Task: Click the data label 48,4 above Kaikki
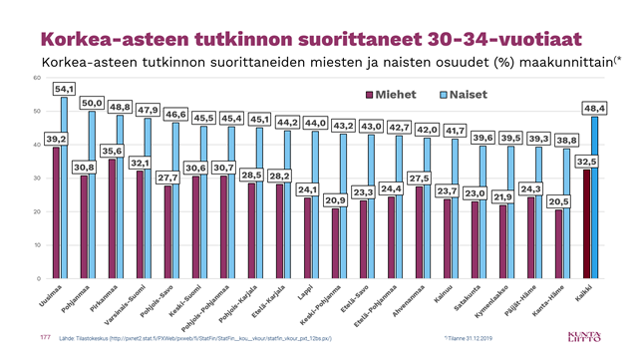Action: tap(596, 107)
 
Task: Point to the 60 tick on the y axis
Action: tap(37, 78)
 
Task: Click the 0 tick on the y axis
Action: tap(39, 278)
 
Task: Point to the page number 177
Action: tap(44, 338)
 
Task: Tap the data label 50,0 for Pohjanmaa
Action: tap(92, 102)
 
